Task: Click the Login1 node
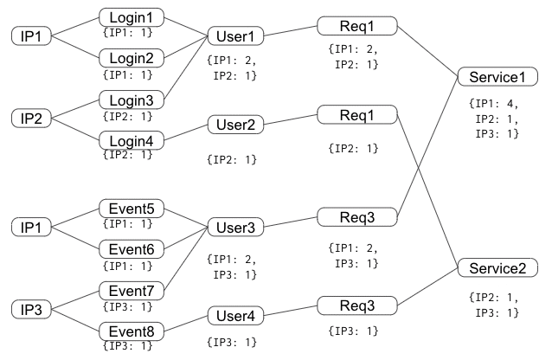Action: tap(132, 17)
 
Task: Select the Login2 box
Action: tap(132, 57)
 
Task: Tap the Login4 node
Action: tap(132, 140)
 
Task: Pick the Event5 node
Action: tap(132, 209)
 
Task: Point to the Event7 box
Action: tap(132, 291)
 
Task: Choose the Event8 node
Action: tap(132, 331)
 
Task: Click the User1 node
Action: tap(234, 37)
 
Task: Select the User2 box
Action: tap(235, 125)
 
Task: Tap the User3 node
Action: tap(235, 228)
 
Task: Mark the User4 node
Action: tap(235, 316)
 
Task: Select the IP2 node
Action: tap(32, 119)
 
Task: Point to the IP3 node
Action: tap(32, 309)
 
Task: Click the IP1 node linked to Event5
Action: tap(32, 227)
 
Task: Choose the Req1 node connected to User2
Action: tap(357, 114)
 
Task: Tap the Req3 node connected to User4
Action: tap(357, 305)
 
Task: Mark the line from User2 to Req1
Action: tap(290, 120)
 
